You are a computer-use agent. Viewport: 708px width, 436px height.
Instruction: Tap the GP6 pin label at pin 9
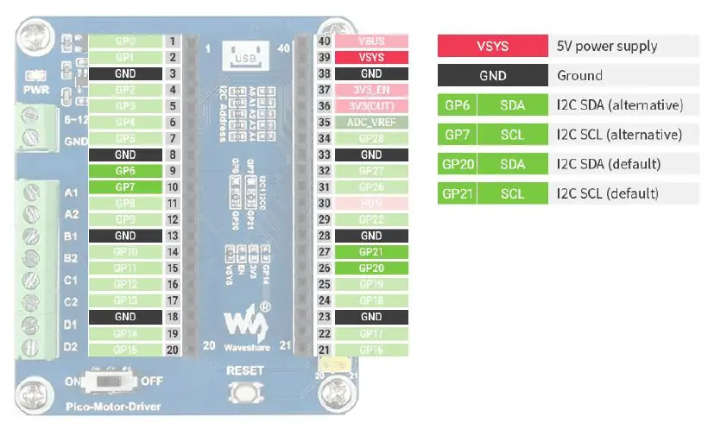click(x=125, y=171)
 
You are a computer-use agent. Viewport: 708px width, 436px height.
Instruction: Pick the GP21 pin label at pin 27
click(x=371, y=251)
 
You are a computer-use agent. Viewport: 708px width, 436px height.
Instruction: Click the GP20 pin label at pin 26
click(x=371, y=268)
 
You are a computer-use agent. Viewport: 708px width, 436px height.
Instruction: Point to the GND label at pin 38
click(x=371, y=73)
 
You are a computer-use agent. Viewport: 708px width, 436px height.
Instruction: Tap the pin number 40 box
click(x=324, y=41)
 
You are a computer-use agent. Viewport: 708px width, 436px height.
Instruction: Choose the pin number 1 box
click(x=173, y=41)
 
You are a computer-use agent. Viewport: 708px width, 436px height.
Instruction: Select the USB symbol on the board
click(x=242, y=59)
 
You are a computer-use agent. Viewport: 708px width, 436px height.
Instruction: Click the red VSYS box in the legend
click(x=492, y=46)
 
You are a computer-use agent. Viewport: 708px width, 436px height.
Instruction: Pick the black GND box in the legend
click(x=492, y=75)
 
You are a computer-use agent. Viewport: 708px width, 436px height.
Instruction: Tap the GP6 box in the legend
click(x=457, y=104)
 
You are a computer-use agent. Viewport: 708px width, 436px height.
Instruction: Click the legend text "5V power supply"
click(x=607, y=46)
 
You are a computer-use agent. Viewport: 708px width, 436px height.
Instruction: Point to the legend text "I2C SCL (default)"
click(x=608, y=193)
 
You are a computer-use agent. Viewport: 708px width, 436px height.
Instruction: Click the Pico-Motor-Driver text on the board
click(x=113, y=406)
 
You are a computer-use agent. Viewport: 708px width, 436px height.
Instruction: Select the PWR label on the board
click(x=36, y=89)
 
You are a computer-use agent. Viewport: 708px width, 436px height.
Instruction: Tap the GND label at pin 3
click(x=125, y=73)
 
